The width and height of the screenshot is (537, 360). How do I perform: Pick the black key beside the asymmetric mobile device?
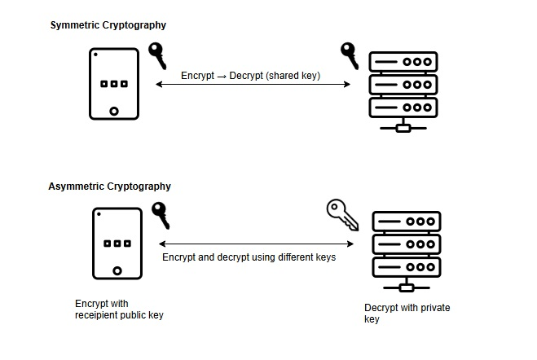161,215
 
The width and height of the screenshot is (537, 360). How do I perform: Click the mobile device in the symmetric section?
113,85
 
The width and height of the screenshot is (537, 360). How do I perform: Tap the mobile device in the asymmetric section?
118,244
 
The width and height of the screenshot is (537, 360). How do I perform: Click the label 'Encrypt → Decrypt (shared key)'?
250,76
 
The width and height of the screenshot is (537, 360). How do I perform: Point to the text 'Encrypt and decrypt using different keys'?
249,257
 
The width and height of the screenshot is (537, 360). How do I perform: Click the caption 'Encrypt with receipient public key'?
119,310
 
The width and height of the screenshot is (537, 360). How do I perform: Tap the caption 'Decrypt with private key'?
407,314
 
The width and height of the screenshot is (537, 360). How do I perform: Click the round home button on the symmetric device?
114,112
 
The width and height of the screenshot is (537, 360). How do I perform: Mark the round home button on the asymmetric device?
118,270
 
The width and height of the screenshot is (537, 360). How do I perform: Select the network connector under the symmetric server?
401,128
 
